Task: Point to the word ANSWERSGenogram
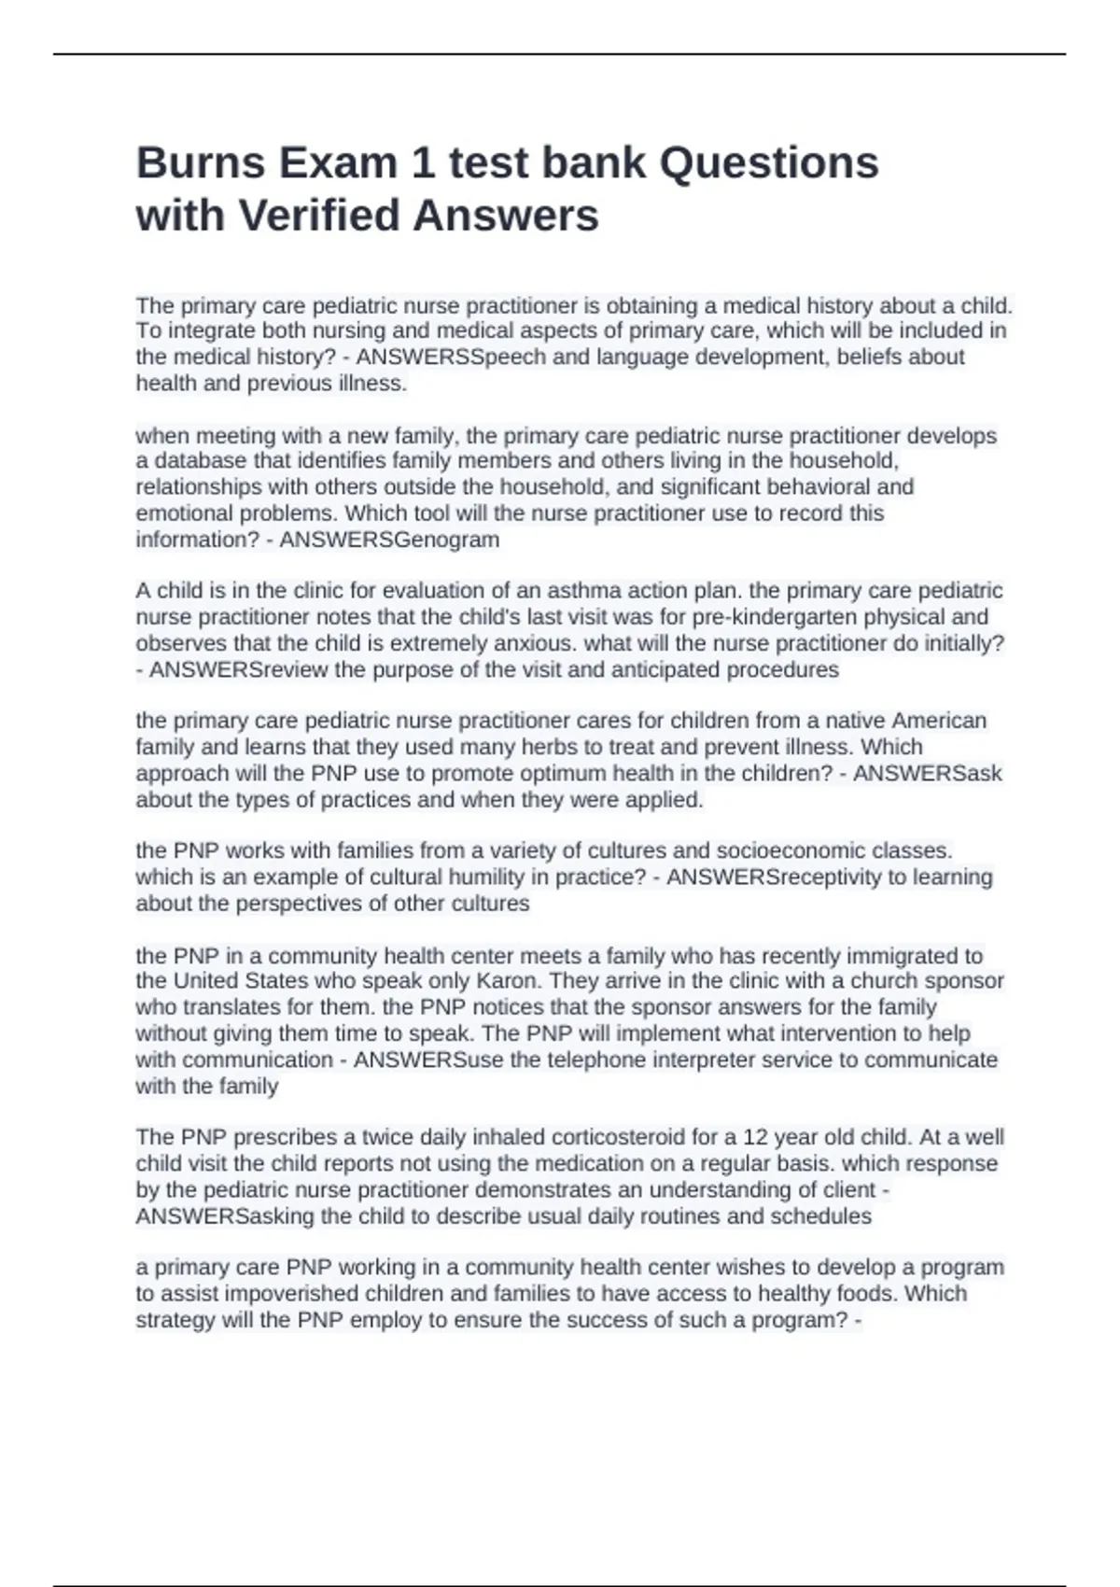(389, 540)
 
